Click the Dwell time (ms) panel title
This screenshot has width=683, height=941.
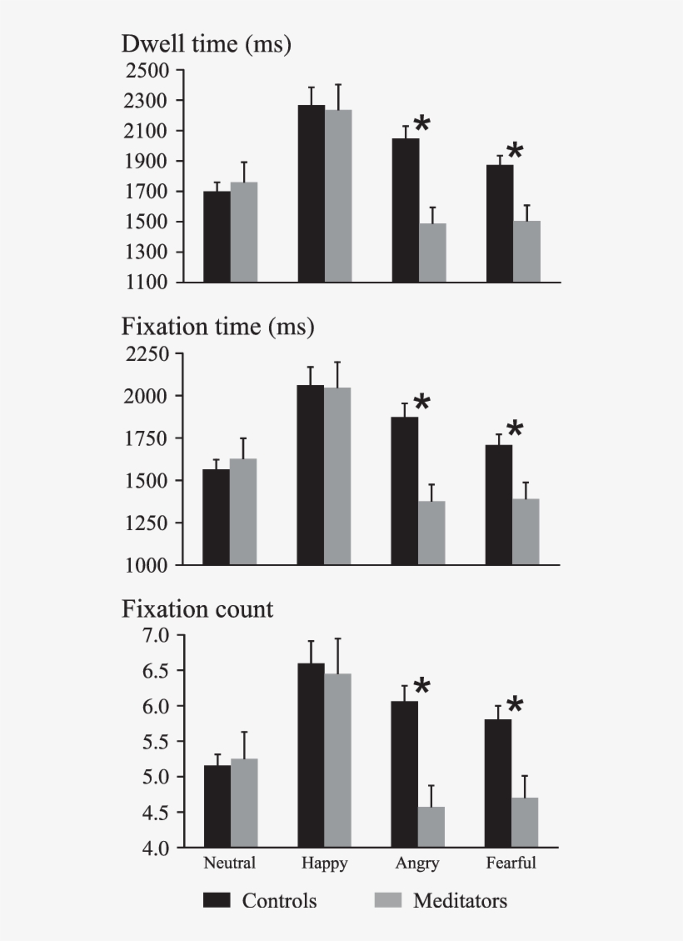[206, 44]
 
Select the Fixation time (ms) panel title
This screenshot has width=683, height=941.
[217, 327]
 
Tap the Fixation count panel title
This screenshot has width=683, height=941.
[197, 609]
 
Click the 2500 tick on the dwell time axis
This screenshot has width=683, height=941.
[147, 70]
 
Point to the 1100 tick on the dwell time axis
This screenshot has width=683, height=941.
[147, 283]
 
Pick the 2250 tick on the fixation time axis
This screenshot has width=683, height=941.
[147, 353]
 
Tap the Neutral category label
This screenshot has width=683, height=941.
[229, 863]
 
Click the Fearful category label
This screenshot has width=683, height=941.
[511, 863]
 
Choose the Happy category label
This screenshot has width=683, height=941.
[324, 863]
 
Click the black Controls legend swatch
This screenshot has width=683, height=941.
[217, 901]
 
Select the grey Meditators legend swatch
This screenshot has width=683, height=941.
[387, 901]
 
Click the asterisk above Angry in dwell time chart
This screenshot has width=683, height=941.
[422, 124]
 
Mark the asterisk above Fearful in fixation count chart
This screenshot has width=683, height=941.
[515, 705]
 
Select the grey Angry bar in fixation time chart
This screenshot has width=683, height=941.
[431, 533]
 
